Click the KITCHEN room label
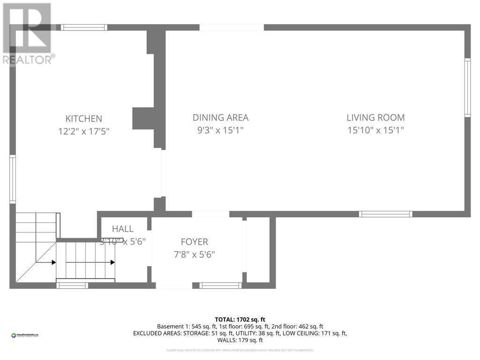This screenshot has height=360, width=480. pos(83,119)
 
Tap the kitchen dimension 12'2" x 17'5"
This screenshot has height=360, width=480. pos(83,131)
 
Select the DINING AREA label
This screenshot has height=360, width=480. pos(220,118)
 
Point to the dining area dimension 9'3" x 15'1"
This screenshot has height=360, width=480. pos(220,130)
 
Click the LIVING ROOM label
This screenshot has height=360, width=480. pos(375,118)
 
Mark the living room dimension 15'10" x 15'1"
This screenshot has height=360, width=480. pos(375,130)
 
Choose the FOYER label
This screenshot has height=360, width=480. pos(195,242)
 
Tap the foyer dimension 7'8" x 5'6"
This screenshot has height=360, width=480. pos(195,255)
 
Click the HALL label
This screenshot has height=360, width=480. pos(123,229)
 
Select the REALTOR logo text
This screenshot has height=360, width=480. pos(28,60)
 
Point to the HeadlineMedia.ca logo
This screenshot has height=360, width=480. pos(25,335)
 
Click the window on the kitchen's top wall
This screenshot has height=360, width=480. pos(85,27)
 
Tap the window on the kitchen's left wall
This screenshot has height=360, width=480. pos(13,179)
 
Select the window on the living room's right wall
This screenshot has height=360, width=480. pos(467,87)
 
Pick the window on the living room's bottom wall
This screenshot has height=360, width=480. pos(386,214)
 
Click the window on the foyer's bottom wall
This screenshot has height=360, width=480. pos(220,285)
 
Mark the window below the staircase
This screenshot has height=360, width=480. pos(72,285)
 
